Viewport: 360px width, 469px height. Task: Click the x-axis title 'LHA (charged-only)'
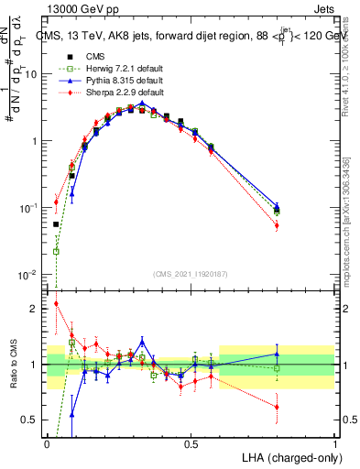tap(291, 456)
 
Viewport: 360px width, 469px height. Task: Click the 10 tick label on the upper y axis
tap(30, 74)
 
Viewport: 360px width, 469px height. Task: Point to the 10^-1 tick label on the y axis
tap(30, 208)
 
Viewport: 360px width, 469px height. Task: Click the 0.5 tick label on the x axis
tap(191, 444)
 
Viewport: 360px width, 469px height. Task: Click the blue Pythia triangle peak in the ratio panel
tap(142, 340)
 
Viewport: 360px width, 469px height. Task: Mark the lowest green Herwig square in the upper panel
tap(57, 251)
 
